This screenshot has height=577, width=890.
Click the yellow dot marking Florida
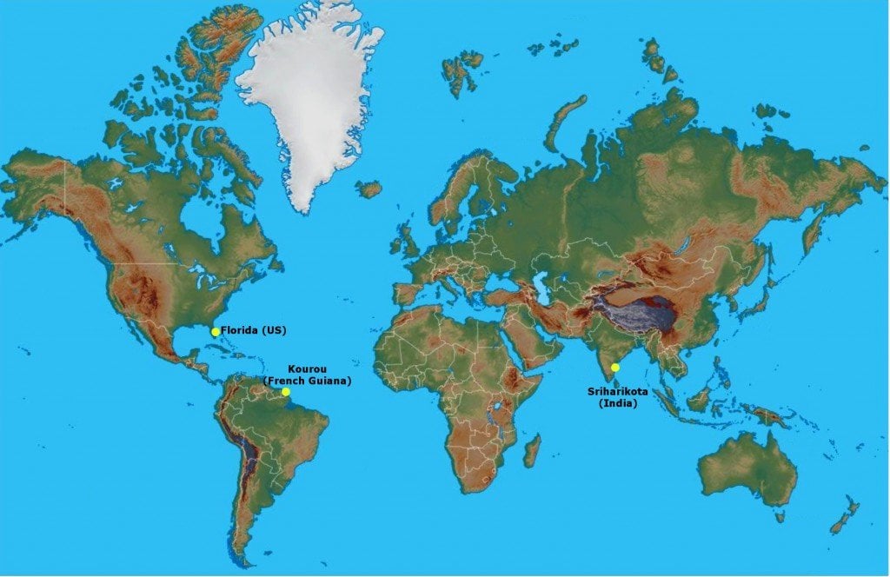[x=216, y=332]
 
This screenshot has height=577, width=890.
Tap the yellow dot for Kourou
[x=285, y=392]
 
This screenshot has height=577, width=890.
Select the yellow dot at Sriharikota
[x=615, y=368]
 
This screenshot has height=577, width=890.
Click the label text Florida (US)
[x=253, y=331]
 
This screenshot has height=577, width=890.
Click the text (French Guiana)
[x=307, y=381]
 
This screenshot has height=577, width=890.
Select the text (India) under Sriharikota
[x=618, y=404]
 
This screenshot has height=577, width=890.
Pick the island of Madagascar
[x=531, y=451]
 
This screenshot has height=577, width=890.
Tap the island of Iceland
[x=369, y=188]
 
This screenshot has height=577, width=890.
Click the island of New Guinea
[x=770, y=415]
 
